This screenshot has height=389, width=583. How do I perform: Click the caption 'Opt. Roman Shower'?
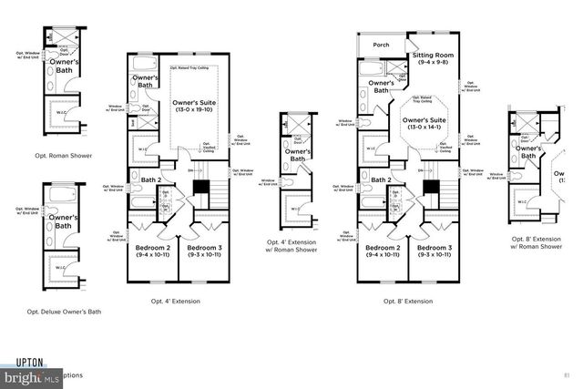[58, 156]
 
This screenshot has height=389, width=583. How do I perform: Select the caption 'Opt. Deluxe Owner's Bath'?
[63, 312]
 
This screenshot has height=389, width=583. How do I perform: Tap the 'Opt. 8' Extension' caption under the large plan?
[407, 301]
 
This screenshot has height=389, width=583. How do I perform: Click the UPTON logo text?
[28, 362]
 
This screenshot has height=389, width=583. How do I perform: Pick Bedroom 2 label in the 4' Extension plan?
[153, 252]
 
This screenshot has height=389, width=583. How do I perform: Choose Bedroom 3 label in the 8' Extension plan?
[435, 252]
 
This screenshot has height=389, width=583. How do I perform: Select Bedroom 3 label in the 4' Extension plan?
[204, 252]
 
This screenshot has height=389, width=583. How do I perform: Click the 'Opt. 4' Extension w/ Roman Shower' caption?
[291, 246]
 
